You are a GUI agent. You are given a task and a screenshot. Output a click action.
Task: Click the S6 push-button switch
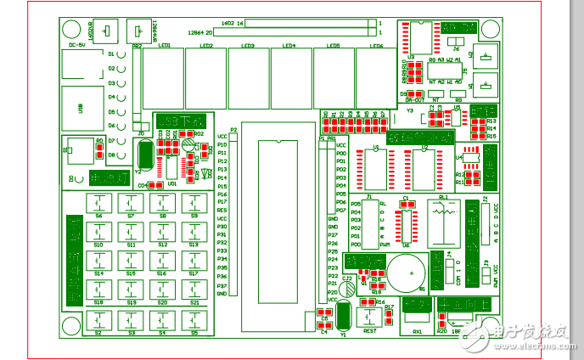coord(99,204)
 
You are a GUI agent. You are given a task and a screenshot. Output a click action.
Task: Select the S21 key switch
coord(194,290)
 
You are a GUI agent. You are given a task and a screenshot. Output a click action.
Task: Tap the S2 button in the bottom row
coord(99,321)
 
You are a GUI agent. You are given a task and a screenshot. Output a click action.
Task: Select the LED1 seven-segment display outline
coord(164,77)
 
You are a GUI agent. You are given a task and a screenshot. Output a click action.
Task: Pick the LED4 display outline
coord(290,77)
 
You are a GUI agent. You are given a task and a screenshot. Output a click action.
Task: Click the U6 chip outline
coord(406,222)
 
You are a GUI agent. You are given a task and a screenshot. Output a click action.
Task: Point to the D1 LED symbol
coord(122,54)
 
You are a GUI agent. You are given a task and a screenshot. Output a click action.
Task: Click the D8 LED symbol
coord(122,155)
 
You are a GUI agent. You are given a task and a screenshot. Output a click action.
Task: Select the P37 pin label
coord(222,286)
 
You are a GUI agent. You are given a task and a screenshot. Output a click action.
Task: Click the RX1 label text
coord(417,331)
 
